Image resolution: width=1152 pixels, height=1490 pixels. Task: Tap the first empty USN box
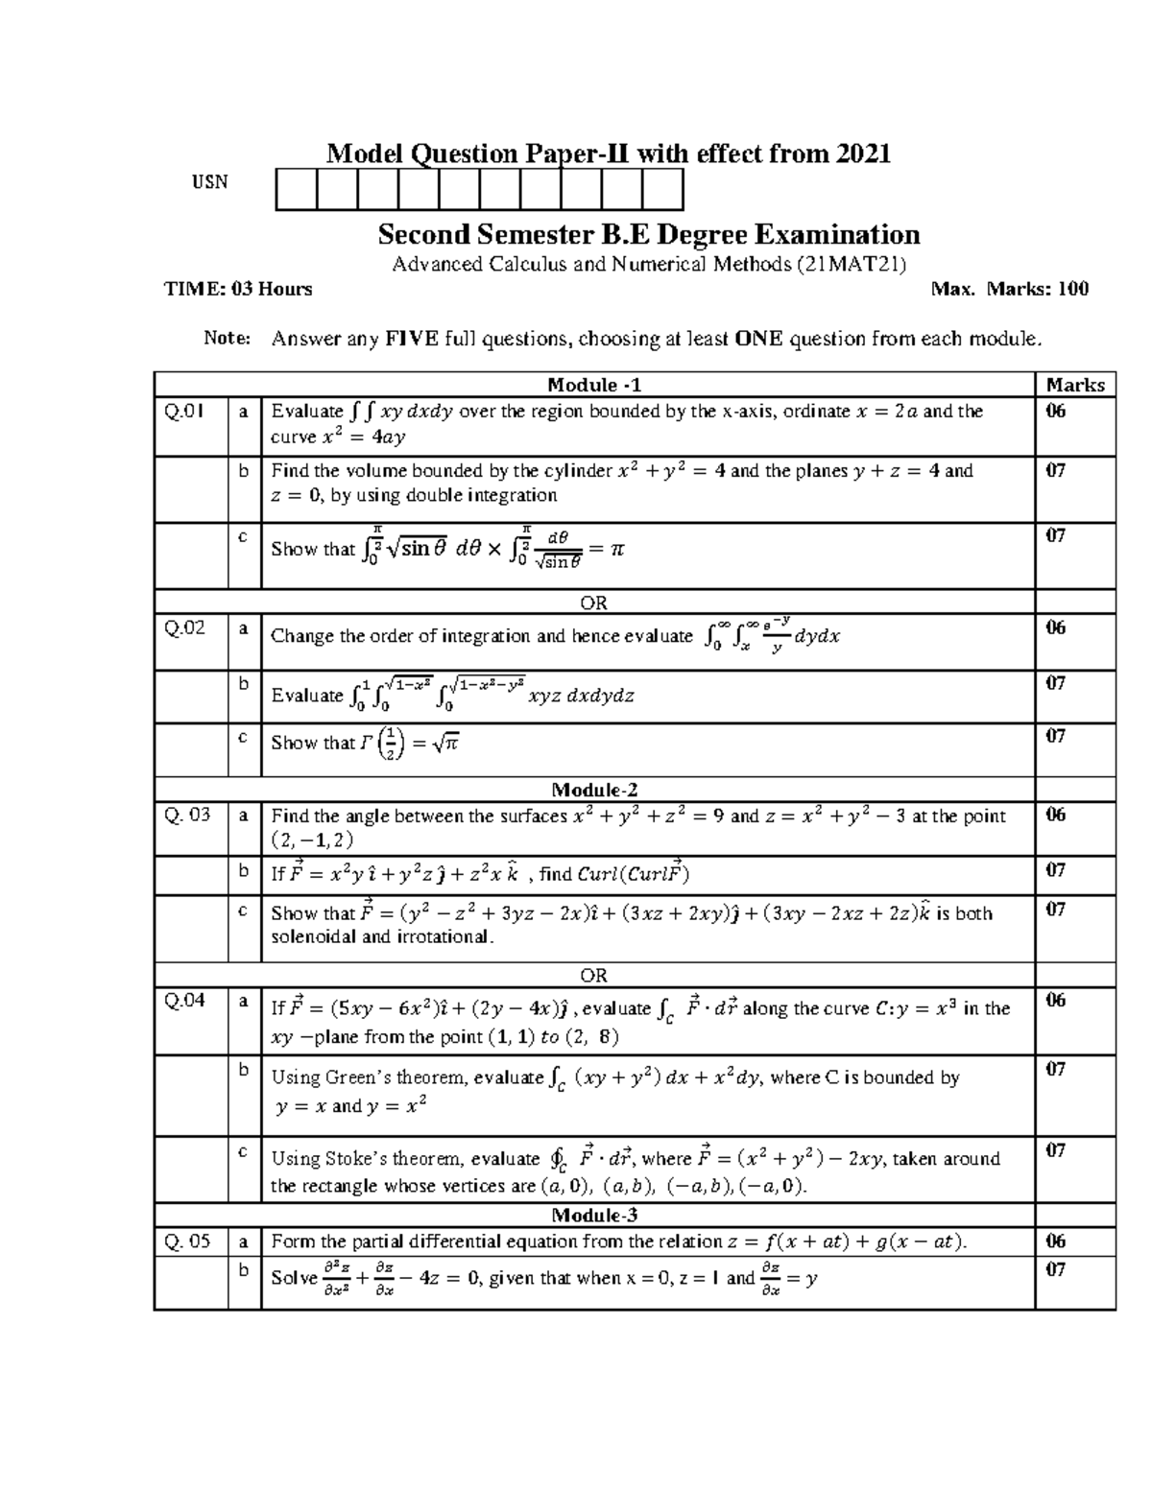coord(296,189)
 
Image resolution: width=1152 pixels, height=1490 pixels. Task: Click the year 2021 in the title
coord(863,153)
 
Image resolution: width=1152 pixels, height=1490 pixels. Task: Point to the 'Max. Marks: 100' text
coord(1009,289)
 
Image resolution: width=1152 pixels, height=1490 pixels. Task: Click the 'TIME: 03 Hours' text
coord(238,289)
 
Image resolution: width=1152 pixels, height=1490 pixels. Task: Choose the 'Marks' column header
coord(1075,385)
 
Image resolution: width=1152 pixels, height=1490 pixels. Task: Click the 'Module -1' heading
coord(594,385)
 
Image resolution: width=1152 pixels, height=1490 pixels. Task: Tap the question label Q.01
coord(184,412)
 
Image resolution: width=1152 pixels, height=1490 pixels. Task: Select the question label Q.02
coord(184,628)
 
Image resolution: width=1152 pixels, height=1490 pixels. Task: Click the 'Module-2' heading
coord(594,790)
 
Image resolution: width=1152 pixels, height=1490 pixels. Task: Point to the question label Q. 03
coord(187,816)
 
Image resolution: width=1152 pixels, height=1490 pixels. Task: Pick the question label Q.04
coord(184,1001)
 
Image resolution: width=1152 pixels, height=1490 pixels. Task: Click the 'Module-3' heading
coord(594,1215)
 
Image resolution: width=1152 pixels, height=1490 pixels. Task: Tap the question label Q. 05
coord(187,1242)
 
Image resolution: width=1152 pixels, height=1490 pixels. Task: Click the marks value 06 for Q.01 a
coord(1056,412)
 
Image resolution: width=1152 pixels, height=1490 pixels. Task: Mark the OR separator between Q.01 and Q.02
coord(594,603)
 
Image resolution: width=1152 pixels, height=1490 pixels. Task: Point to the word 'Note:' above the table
coord(227,338)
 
